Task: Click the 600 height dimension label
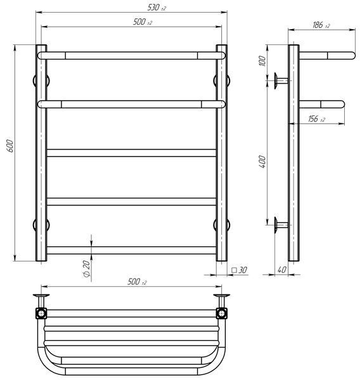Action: [x=10, y=146]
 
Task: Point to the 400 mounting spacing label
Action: [x=262, y=162]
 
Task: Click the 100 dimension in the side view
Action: [x=262, y=61]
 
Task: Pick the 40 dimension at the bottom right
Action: [x=281, y=270]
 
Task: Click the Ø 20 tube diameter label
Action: [x=86, y=269]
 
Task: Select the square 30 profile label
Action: [x=240, y=270]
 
